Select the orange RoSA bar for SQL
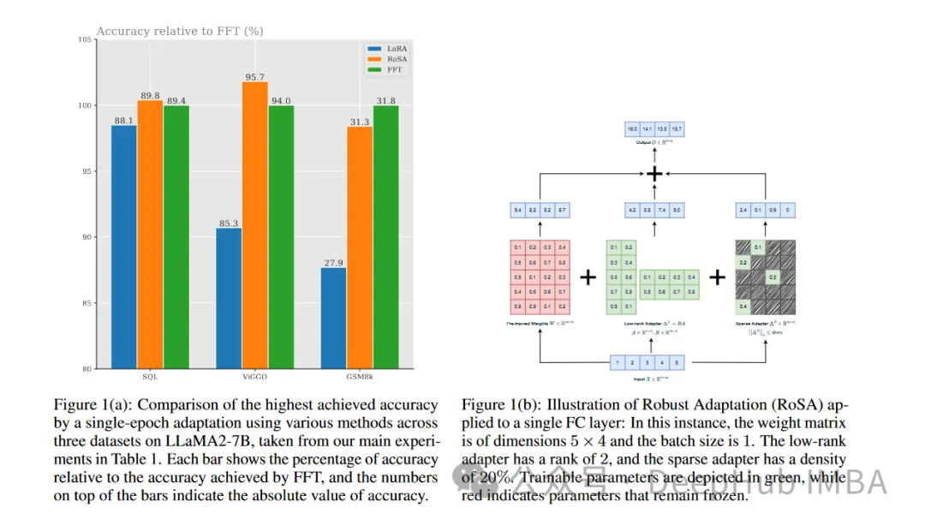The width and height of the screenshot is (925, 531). (x=150, y=235)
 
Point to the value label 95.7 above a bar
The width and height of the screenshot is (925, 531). (x=254, y=77)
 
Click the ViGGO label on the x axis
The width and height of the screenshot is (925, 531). (x=254, y=376)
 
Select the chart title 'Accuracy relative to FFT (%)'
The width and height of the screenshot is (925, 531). (x=179, y=32)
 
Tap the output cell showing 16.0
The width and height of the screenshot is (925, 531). (x=633, y=129)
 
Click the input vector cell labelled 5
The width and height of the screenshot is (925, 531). (x=677, y=362)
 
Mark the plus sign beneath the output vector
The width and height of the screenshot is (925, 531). (x=654, y=174)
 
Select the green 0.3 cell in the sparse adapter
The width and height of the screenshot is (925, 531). (x=773, y=277)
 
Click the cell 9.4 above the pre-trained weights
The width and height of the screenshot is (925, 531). (x=517, y=209)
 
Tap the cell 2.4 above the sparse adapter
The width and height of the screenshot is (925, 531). (x=743, y=209)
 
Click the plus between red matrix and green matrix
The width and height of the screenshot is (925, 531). (x=588, y=277)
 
